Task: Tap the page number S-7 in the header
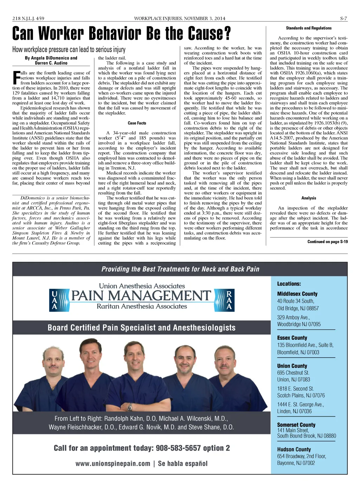click(343, 18)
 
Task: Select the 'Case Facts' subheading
click(137, 123)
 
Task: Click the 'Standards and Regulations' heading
click(309, 28)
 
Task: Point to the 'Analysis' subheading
click(309, 198)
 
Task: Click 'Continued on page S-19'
click(327, 242)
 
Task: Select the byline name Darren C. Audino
click(51, 63)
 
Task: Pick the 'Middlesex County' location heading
click(297, 294)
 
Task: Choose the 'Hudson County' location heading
click(294, 449)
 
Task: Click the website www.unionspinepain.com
click(113, 464)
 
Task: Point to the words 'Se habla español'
click(183, 464)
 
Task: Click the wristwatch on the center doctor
click(130, 408)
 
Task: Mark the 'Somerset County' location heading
click(296, 425)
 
